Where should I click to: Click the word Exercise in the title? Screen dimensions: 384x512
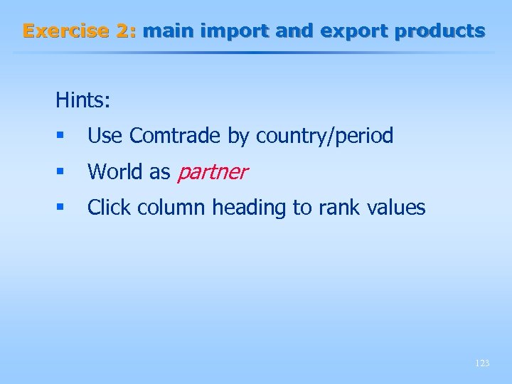tap(64, 31)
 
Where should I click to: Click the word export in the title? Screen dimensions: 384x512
tap(353, 31)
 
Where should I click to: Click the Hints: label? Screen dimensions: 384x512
tap(83, 100)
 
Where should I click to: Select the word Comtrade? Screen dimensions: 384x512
tap(176, 136)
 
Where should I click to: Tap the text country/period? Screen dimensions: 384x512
tap(324, 136)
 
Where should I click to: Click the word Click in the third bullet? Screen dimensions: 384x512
tap(110, 208)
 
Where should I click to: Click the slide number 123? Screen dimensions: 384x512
tap(481, 363)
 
